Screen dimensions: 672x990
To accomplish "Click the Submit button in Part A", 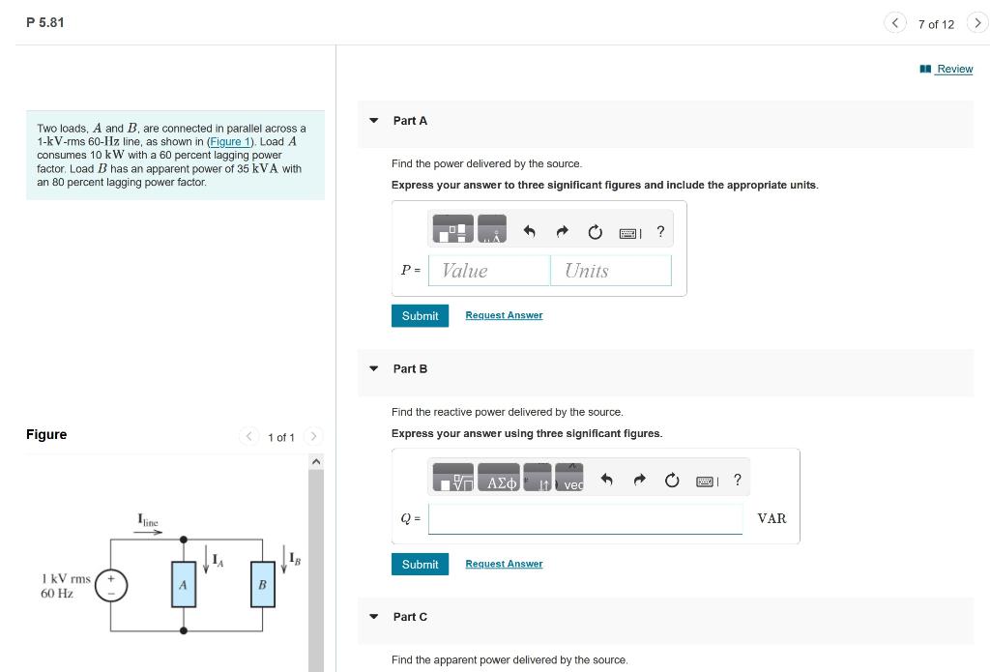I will coord(420,316).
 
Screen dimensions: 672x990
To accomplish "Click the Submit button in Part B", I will coord(420,565).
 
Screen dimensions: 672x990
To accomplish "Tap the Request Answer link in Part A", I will coord(504,315).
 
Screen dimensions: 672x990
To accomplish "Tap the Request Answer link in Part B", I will coord(504,564).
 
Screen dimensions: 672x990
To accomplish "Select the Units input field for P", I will coord(611,271).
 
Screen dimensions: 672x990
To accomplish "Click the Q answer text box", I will coord(585,519).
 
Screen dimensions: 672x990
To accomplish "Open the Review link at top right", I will coord(953,69).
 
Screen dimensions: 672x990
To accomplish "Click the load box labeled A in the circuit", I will coord(183,585).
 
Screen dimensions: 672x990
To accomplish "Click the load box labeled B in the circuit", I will coord(262,585).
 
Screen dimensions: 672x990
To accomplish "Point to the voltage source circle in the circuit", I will coord(111,585).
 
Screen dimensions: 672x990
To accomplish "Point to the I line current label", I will coord(148,521).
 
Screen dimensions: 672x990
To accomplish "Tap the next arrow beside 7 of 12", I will coord(977,23).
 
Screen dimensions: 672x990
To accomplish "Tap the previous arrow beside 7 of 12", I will coord(895,23).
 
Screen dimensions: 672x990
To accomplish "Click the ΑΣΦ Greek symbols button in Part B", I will coord(501,482).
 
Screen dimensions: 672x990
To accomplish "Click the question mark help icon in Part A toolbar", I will coord(660,232).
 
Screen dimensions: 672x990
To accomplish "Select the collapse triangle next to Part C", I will coord(373,617).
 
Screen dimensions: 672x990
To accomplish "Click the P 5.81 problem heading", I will coord(45,22).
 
